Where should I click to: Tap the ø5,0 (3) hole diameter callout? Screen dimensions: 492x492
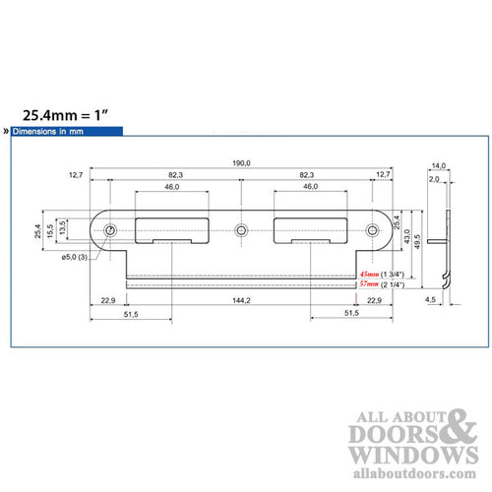coord(75,257)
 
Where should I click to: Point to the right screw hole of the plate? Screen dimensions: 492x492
coord(373,231)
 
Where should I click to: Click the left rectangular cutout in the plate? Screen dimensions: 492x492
coord(174,228)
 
